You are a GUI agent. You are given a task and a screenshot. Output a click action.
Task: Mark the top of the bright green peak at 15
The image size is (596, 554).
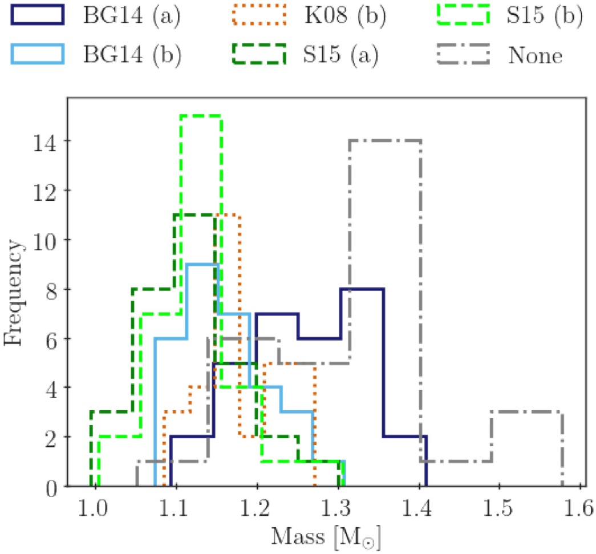coord(201,116)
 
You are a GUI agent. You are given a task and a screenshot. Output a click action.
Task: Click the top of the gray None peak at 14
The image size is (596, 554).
coord(386,140)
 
